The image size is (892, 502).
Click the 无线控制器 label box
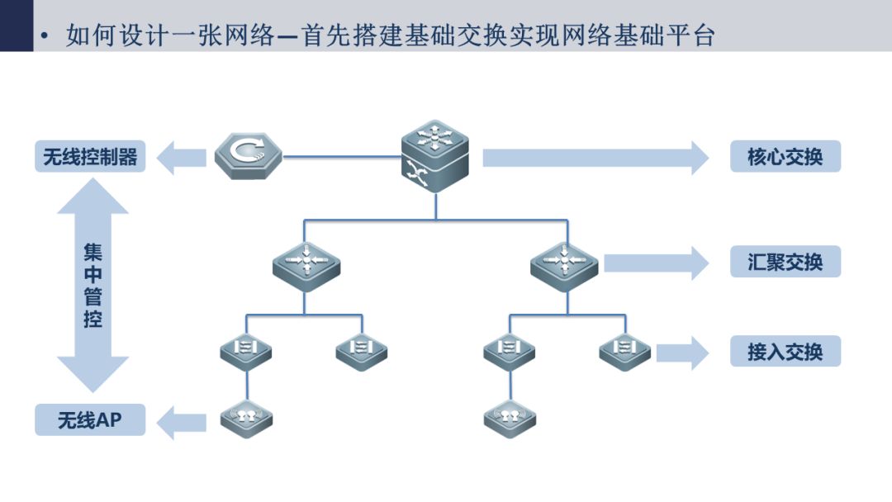pos(90,156)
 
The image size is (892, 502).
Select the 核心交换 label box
pos(785,156)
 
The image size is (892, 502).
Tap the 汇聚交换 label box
pos(785,262)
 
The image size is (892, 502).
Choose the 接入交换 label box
pos(785,352)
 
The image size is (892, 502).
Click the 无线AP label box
pos(90,419)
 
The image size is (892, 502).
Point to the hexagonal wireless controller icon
pos(249,156)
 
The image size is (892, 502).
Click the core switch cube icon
pos(435,156)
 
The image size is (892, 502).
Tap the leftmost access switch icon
pos(246,352)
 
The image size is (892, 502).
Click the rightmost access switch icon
pos(624,352)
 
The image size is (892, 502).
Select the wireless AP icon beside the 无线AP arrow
pos(246,419)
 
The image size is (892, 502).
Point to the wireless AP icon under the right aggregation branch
pos(510,419)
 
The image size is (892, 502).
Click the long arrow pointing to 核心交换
pos(595,158)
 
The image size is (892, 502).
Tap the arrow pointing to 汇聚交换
pos(657,263)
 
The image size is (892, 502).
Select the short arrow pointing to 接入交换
pos(683,353)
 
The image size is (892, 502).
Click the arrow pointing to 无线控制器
pos(181,158)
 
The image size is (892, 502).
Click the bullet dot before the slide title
pos(45,36)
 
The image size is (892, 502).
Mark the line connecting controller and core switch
pos(342,156)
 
